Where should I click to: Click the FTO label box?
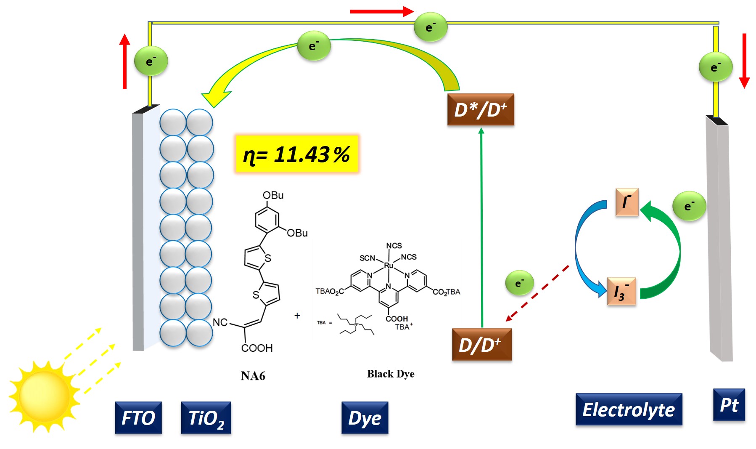coord(138,417)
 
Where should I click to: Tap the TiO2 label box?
coord(206,417)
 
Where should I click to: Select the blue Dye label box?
coord(365,417)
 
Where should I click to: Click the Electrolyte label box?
coord(628,409)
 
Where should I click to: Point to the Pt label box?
coord(729,404)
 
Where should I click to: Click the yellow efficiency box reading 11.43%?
coord(296,154)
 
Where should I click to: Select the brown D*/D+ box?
coord(481,109)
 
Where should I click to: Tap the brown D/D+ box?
coord(481,345)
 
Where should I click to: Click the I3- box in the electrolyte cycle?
coord(621,291)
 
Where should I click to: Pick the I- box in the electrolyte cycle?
coord(626,202)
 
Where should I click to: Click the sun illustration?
coord(44,396)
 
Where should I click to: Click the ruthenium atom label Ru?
coord(389,265)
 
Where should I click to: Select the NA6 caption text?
coord(253,376)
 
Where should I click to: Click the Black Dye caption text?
coord(391,374)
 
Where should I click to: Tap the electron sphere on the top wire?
coord(430,27)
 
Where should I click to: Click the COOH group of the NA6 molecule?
coord(257,348)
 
